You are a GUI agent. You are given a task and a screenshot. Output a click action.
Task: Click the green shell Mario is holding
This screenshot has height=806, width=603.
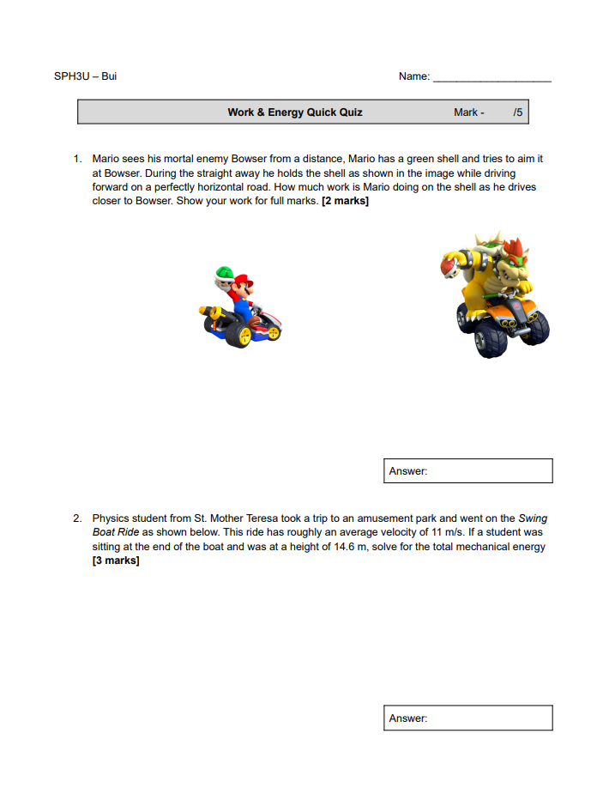[223, 273]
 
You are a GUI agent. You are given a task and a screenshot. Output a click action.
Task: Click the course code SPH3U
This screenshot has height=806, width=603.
[71, 76]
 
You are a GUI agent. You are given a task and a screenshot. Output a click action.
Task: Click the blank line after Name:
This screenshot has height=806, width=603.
[491, 77]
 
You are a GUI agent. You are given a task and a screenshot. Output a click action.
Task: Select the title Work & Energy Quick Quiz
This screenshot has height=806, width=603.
[294, 112]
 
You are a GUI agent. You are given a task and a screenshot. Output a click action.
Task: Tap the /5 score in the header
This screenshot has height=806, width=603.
[517, 112]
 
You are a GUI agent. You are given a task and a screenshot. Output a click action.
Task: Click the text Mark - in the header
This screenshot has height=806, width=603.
[468, 112]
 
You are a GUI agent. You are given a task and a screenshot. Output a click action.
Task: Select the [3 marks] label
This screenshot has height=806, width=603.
[115, 561]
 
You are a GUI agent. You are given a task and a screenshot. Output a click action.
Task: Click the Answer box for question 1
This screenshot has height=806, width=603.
[467, 471]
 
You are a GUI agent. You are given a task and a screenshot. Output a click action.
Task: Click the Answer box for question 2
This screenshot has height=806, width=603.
[467, 718]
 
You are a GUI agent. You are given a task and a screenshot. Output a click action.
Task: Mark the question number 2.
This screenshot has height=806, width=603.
[76, 518]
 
